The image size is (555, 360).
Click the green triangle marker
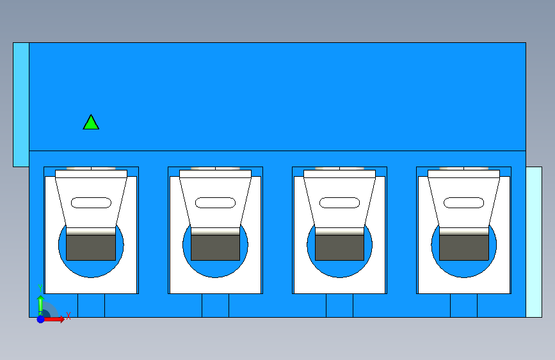[x=91, y=123]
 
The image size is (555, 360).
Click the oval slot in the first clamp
[x=91, y=202]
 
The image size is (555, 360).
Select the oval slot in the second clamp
[x=215, y=202]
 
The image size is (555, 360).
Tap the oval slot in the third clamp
[x=339, y=202]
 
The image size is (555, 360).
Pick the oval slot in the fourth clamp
[x=463, y=202]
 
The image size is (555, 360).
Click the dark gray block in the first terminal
[x=91, y=248]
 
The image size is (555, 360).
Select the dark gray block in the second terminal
[x=215, y=248]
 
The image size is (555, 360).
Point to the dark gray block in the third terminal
[x=339, y=248]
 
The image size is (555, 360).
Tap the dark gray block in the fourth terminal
[x=463, y=248]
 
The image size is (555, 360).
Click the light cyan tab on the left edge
[x=21, y=104]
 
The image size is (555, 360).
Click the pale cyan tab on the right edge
[x=534, y=242]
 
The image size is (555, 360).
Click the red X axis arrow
[x=54, y=319]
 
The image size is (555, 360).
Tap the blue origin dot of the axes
[x=40, y=319]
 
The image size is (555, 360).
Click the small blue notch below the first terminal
[x=91, y=306]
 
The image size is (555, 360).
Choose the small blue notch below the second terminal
[x=215, y=306]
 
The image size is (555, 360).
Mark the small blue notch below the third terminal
[x=339, y=306]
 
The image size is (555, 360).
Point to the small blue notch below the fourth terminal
[x=463, y=306]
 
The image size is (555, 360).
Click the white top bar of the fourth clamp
[x=463, y=174]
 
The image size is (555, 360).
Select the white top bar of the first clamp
[x=91, y=174]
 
